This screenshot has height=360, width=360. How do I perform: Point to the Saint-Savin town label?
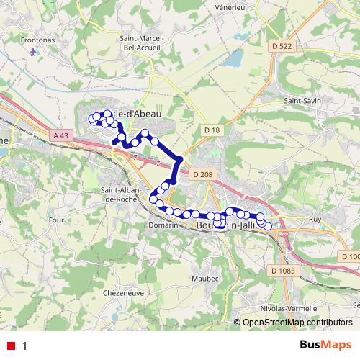tap(303, 101)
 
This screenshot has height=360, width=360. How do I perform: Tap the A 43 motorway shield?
tap(63, 135)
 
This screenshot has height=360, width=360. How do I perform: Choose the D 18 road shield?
tap(212, 129)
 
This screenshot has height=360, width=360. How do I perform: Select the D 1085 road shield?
tap(283, 271)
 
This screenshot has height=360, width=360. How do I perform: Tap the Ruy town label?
tap(313, 219)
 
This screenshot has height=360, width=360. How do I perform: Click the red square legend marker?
tap(11, 346)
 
